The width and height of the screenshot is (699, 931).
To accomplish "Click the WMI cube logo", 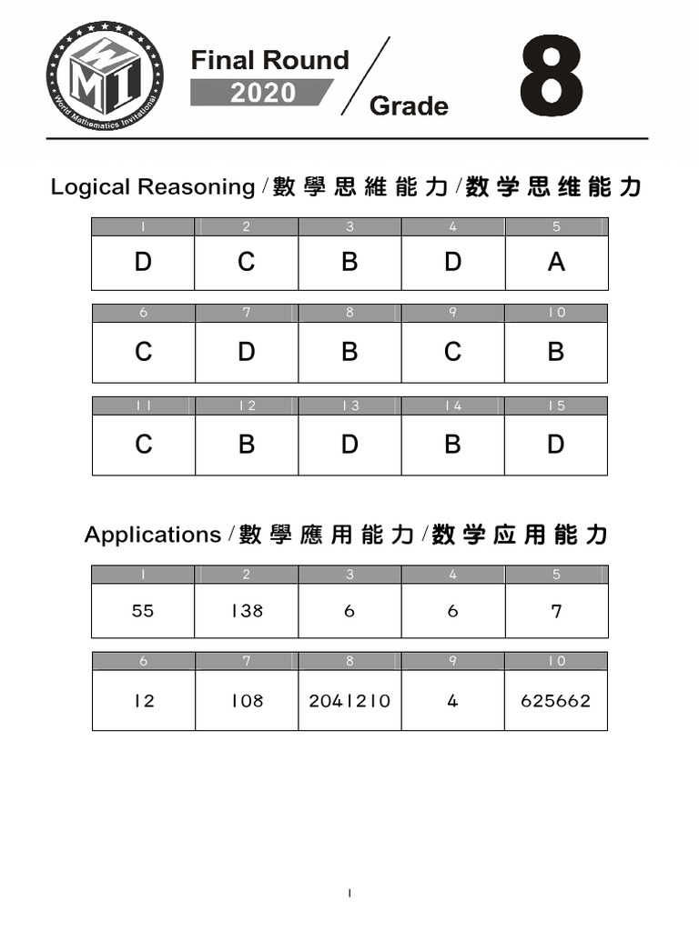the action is click(x=105, y=80).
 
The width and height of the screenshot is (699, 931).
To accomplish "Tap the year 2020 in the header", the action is click(x=262, y=93).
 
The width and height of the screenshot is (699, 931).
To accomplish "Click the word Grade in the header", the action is click(x=409, y=106).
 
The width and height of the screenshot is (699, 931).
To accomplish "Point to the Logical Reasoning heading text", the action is click(x=153, y=187).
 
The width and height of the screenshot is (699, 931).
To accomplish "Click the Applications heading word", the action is click(x=152, y=535).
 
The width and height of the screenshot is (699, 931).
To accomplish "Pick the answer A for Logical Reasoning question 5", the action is click(x=556, y=263).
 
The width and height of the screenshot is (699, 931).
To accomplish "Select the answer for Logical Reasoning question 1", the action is click(x=143, y=263).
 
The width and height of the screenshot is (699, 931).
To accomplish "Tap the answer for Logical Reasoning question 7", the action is click(x=246, y=352).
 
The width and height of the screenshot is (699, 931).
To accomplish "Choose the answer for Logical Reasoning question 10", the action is click(x=556, y=352).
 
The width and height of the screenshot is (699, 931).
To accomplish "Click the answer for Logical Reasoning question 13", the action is click(x=349, y=445).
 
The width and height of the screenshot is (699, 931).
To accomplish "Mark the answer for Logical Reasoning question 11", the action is click(x=143, y=445).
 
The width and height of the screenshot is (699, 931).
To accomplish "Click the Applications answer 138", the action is click(x=246, y=611).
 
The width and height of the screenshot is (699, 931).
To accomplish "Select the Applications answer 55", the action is click(x=143, y=611).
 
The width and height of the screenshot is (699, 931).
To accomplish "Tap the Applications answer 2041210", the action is click(x=349, y=700).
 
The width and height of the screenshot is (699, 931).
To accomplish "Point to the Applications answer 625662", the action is click(x=556, y=700).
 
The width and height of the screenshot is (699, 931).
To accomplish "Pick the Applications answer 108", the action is click(x=246, y=700).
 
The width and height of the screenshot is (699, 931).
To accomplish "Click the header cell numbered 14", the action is click(x=452, y=406).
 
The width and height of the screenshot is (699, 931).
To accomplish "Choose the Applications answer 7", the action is click(x=556, y=611).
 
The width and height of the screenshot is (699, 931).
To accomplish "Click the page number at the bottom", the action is click(x=349, y=894).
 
